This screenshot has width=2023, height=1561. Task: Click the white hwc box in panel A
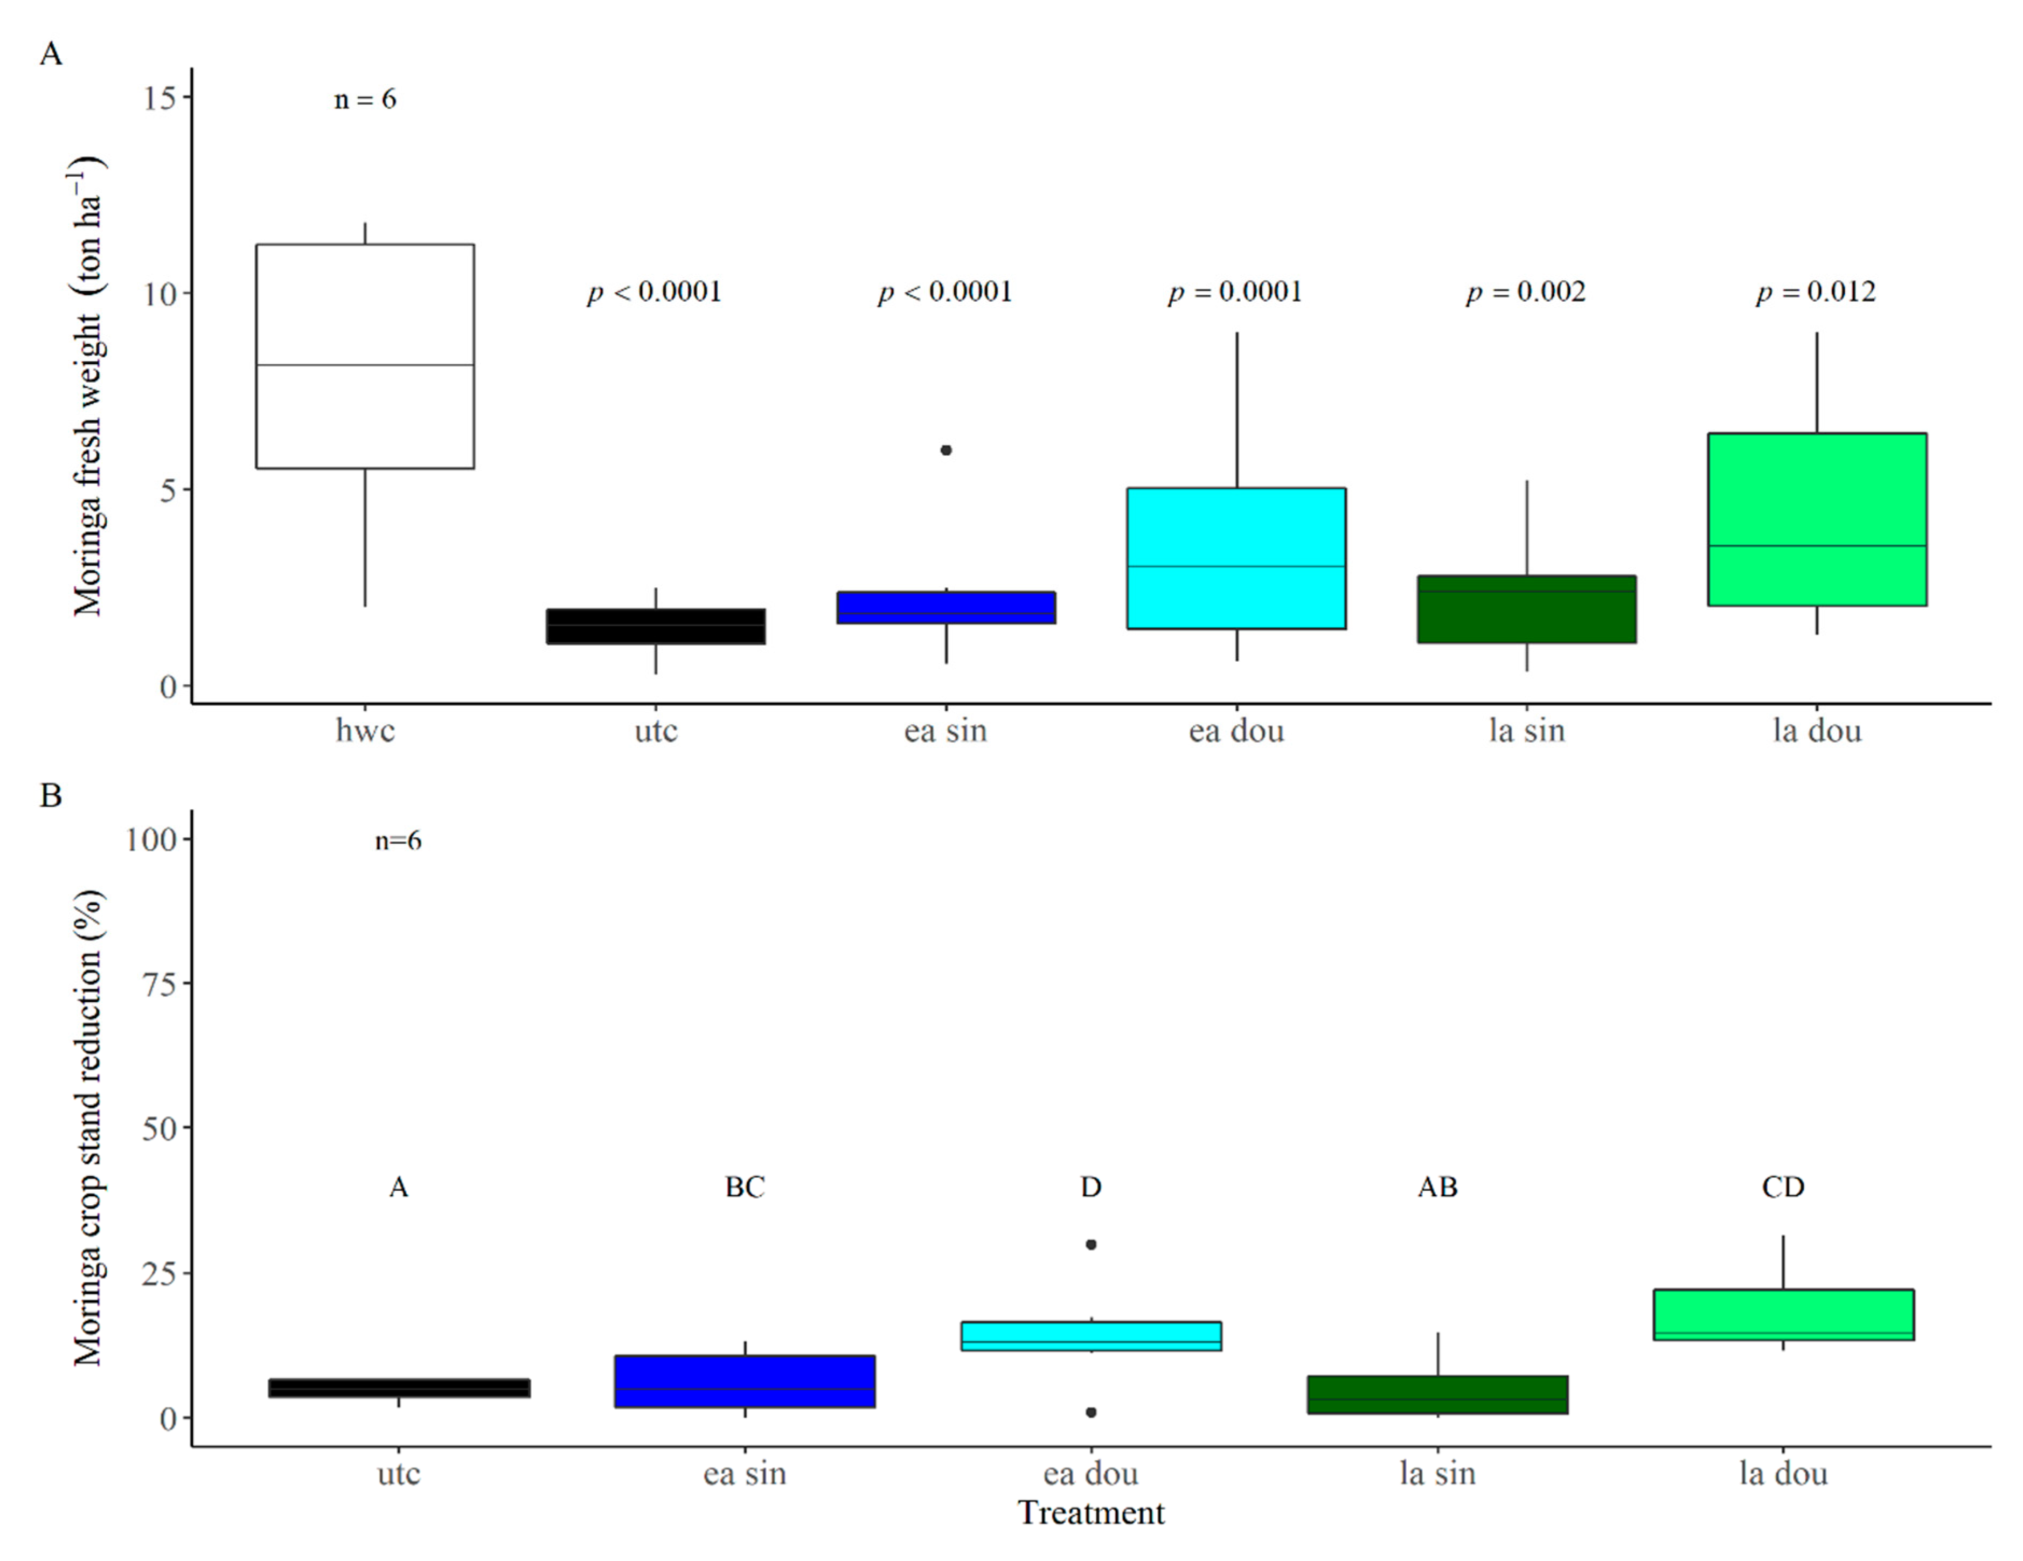click(x=365, y=357)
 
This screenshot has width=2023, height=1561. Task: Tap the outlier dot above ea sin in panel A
click(x=946, y=450)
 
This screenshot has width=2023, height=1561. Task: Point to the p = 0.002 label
click(x=1526, y=292)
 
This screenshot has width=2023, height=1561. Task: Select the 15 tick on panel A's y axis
click(x=159, y=98)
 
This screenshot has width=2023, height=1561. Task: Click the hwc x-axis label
click(x=365, y=731)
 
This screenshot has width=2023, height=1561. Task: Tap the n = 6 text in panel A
click(x=365, y=99)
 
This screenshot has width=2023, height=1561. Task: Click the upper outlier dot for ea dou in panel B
click(x=1091, y=1244)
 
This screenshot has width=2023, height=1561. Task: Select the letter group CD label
click(x=1783, y=1187)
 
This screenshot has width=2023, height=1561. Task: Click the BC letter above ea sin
click(x=745, y=1187)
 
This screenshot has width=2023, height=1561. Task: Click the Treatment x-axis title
click(x=1091, y=1513)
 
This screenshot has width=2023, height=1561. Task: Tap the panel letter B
click(x=51, y=795)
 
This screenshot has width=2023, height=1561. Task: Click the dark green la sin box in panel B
click(x=1437, y=1395)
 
